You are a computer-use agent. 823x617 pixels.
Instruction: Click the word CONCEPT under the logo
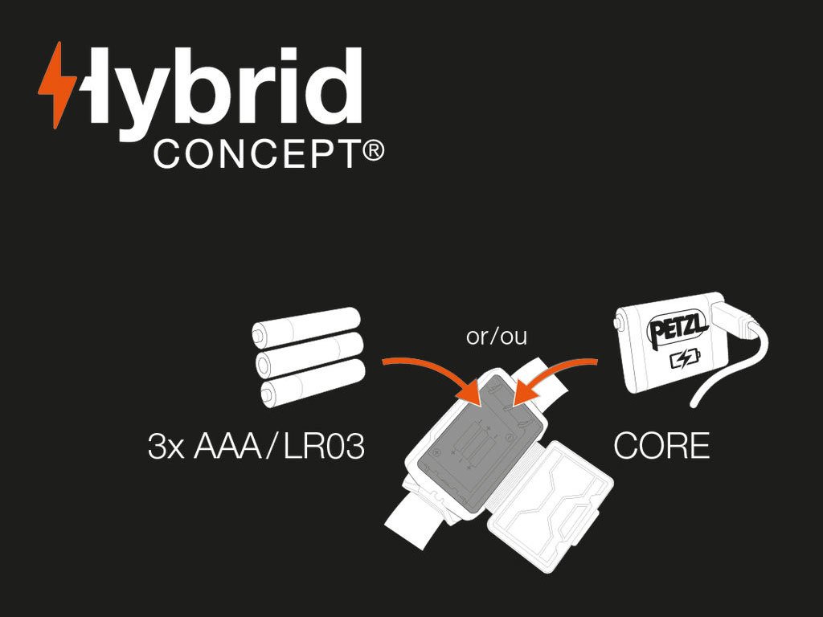(x=256, y=153)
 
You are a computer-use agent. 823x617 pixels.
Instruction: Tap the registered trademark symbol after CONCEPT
(x=372, y=150)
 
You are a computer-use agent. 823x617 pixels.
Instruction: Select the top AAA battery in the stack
(x=305, y=328)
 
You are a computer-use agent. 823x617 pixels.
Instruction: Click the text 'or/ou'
(x=496, y=336)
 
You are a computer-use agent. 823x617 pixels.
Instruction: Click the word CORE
(x=661, y=447)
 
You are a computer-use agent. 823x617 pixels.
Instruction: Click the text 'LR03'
(x=325, y=447)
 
